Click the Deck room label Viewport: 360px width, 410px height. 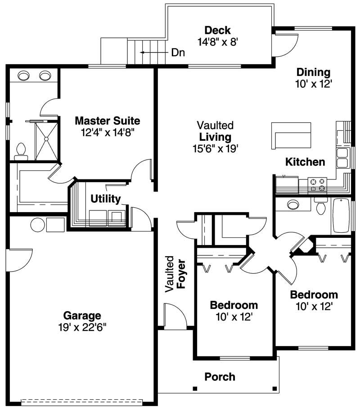pos(217,31)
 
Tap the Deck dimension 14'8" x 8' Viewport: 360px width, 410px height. pos(217,42)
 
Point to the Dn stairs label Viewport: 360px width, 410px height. pos(178,52)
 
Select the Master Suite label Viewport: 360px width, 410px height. pos(107,121)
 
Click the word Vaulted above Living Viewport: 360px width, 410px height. pos(216,125)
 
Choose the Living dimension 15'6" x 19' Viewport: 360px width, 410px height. pos(216,148)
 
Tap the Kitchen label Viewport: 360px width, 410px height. pos(305,162)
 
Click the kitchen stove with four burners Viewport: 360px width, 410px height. pos(316,184)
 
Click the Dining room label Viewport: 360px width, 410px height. pos(313,72)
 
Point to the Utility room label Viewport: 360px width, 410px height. pos(105,199)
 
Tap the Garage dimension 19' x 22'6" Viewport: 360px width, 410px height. pos(82,327)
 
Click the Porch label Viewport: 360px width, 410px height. pos(220,376)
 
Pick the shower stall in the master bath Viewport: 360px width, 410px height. pos(46,141)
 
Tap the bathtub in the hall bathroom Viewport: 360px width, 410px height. pos(341,215)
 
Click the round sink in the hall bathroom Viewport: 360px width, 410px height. pos(293,205)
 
